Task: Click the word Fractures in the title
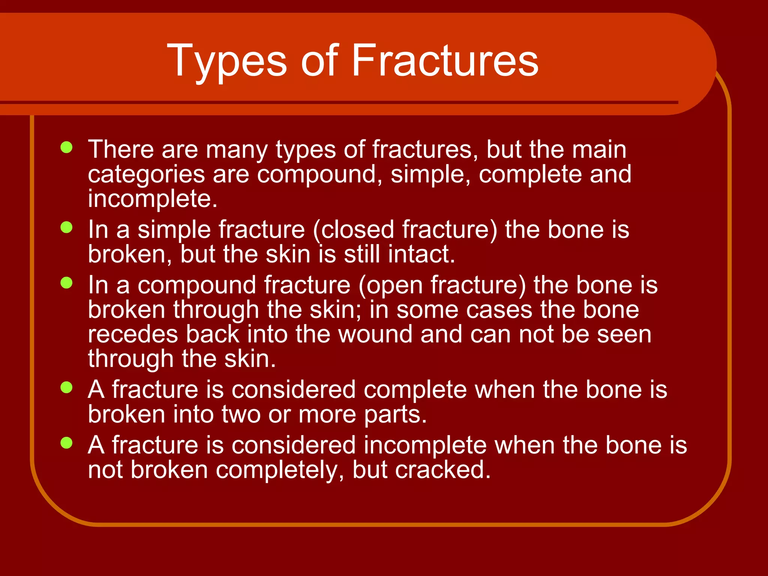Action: pos(445,60)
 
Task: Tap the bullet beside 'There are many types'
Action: pos(66,147)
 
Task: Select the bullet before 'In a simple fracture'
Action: pos(66,227)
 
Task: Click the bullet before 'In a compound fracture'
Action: pos(66,283)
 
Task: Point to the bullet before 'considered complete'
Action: pos(66,387)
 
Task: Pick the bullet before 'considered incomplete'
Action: pos(66,443)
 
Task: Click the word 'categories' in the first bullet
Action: pos(146,175)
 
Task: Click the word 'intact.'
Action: pos(421,254)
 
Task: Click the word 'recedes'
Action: pos(133,334)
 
